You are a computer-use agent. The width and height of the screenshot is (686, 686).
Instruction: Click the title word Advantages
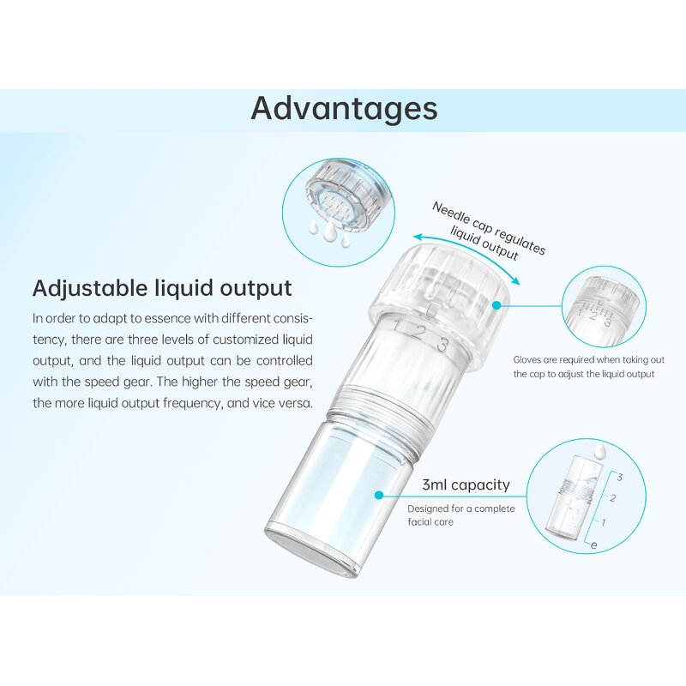(344, 109)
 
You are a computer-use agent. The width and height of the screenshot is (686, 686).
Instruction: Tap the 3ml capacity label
(466, 485)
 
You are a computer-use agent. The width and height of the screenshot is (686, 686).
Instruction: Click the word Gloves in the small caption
(529, 361)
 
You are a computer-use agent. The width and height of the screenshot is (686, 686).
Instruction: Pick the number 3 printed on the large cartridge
(442, 346)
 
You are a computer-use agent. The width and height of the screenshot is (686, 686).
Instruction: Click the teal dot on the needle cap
(496, 304)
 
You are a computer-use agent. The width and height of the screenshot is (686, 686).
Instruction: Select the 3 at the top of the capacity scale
(618, 477)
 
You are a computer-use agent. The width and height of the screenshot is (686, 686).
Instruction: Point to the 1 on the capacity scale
(605, 521)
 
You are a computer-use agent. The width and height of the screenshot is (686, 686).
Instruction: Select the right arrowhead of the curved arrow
(517, 283)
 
